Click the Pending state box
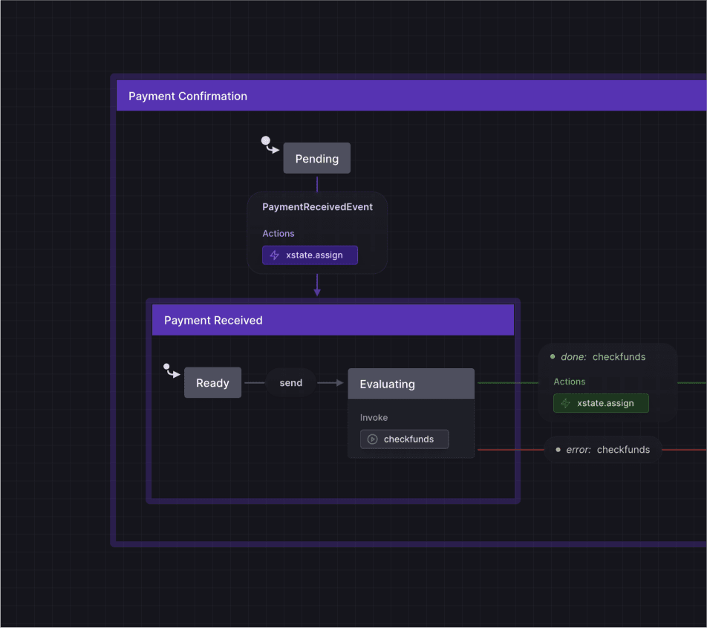click(316, 159)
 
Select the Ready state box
click(212, 383)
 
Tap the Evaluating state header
click(411, 384)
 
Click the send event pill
click(291, 383)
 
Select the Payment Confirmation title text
click(188, 97)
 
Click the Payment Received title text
click(213, 321)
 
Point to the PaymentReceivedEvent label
click(317, 207)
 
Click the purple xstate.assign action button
click(310, 255)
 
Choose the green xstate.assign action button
click(601, 403)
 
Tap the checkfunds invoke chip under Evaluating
click(404, 439)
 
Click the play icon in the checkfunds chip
click(373, 439)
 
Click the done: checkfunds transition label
click(603, 357)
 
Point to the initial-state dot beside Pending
click(266, 140)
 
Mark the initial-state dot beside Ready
click(167, 366)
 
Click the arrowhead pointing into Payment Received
click(317, 292)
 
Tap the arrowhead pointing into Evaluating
click(340, 383)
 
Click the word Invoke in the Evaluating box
click(374, 418)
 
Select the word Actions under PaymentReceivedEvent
click(278, 234)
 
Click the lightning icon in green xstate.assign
click(566, 403)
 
